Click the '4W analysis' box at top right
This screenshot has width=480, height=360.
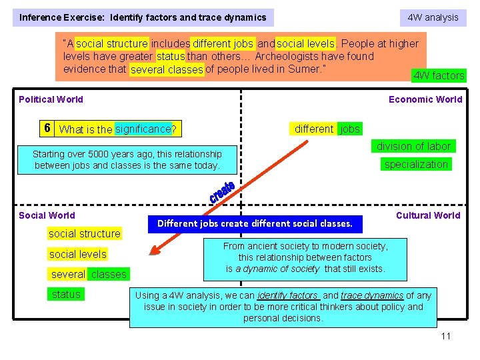coord(433,17)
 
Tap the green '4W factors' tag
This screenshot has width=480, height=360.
coord(439,75)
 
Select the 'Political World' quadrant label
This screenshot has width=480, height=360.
coord(51,99)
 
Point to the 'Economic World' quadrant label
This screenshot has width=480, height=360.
coord(425,99)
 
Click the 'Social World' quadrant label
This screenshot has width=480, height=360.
coord(47,215)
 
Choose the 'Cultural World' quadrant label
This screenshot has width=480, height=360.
coord(428,215)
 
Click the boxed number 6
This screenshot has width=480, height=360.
coord(47,128)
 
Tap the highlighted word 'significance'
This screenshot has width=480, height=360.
coord(143,129)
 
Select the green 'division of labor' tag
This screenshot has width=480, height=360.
coord(413,146)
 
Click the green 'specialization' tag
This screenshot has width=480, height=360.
coord(416,164)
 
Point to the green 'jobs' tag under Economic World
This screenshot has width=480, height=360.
coord(350,129)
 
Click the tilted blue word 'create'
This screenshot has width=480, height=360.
coord(221,191)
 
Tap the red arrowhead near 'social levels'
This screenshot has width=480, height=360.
coord(156,250)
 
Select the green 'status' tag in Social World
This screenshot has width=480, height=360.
coord(66,294)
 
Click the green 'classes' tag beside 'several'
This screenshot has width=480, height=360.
coord(108,274)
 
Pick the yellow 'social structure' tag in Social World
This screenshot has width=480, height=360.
coord(85,233)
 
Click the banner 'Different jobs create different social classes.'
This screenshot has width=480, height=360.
coord(255,223)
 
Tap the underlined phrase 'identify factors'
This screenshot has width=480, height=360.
coord(288,295)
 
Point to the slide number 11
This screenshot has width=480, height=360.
coord(445,335)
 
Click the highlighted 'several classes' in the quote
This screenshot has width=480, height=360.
coord(167,69)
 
